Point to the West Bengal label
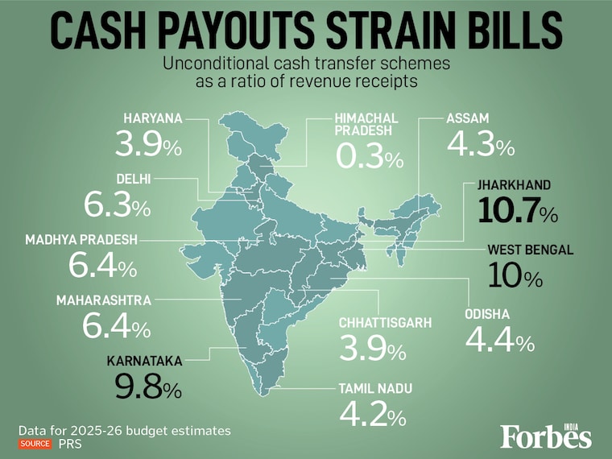pyautogui.click(x=530, y=250)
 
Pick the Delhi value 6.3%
pyautogui.click(x=117, y=205)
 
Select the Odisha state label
pyautogui.click(x=487, y=314)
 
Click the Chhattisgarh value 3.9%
pyautogui.click(x=372, y=349)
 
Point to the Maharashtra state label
pyautogui.click(x=104, y=300)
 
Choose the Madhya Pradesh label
pyautogui.click(x=81, y=239)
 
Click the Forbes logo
pyautogui.click(x=546, y=435)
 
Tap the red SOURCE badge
pyautogui.click(x=35, y=445)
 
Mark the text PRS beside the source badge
pyautogui.click(x=68, y=445)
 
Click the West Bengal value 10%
pyautogui.click(x=515, y=277)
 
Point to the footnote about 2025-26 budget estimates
pyautogui.click(x=125, y=430)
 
